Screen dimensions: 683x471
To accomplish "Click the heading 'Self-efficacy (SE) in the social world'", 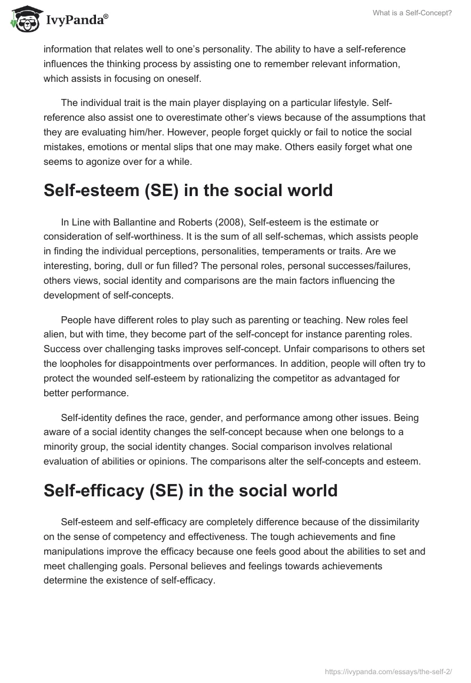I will [190, 490].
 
